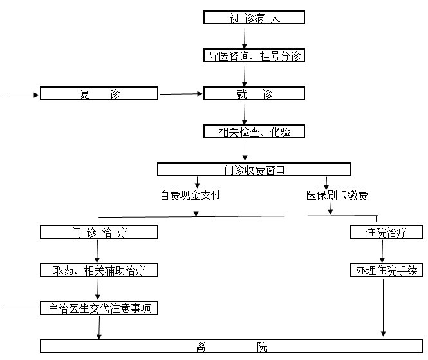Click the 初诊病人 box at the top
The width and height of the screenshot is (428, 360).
[x=254, y=17]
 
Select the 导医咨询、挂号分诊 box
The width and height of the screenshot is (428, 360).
[x=254, y=55]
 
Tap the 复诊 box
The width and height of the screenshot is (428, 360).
[x=99, y=93]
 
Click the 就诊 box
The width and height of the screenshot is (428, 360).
[x=254, y=93]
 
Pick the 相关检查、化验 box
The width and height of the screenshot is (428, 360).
[x=254, y=131]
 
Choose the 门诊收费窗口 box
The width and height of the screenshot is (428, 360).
[x=254, y=169]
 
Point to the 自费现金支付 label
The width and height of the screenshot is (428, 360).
[x=191, y=195]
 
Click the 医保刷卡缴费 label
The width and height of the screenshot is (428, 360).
[x=337, y=195]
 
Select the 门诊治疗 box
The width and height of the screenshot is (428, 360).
[x=99, y=232]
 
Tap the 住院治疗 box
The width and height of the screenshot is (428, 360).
[x=386, y=232]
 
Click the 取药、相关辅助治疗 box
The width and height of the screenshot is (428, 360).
[x=99, y=270]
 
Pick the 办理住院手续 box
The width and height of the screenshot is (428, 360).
[x=386, y=270]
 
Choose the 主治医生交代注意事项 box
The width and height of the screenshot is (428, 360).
[x=99, y=308]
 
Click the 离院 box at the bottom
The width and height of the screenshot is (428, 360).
[x=231, y=346]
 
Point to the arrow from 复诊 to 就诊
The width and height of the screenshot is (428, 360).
[x=181, y=94]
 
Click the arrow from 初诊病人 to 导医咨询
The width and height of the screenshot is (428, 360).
[x=245, y=37]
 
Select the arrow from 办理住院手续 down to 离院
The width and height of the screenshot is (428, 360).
[x=383, y=308]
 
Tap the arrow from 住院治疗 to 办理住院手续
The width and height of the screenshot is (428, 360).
[x=382, y=251]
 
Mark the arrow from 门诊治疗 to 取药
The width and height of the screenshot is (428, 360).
[x=97, y=251]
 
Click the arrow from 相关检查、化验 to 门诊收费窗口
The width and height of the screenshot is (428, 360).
[x=245, y=150]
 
